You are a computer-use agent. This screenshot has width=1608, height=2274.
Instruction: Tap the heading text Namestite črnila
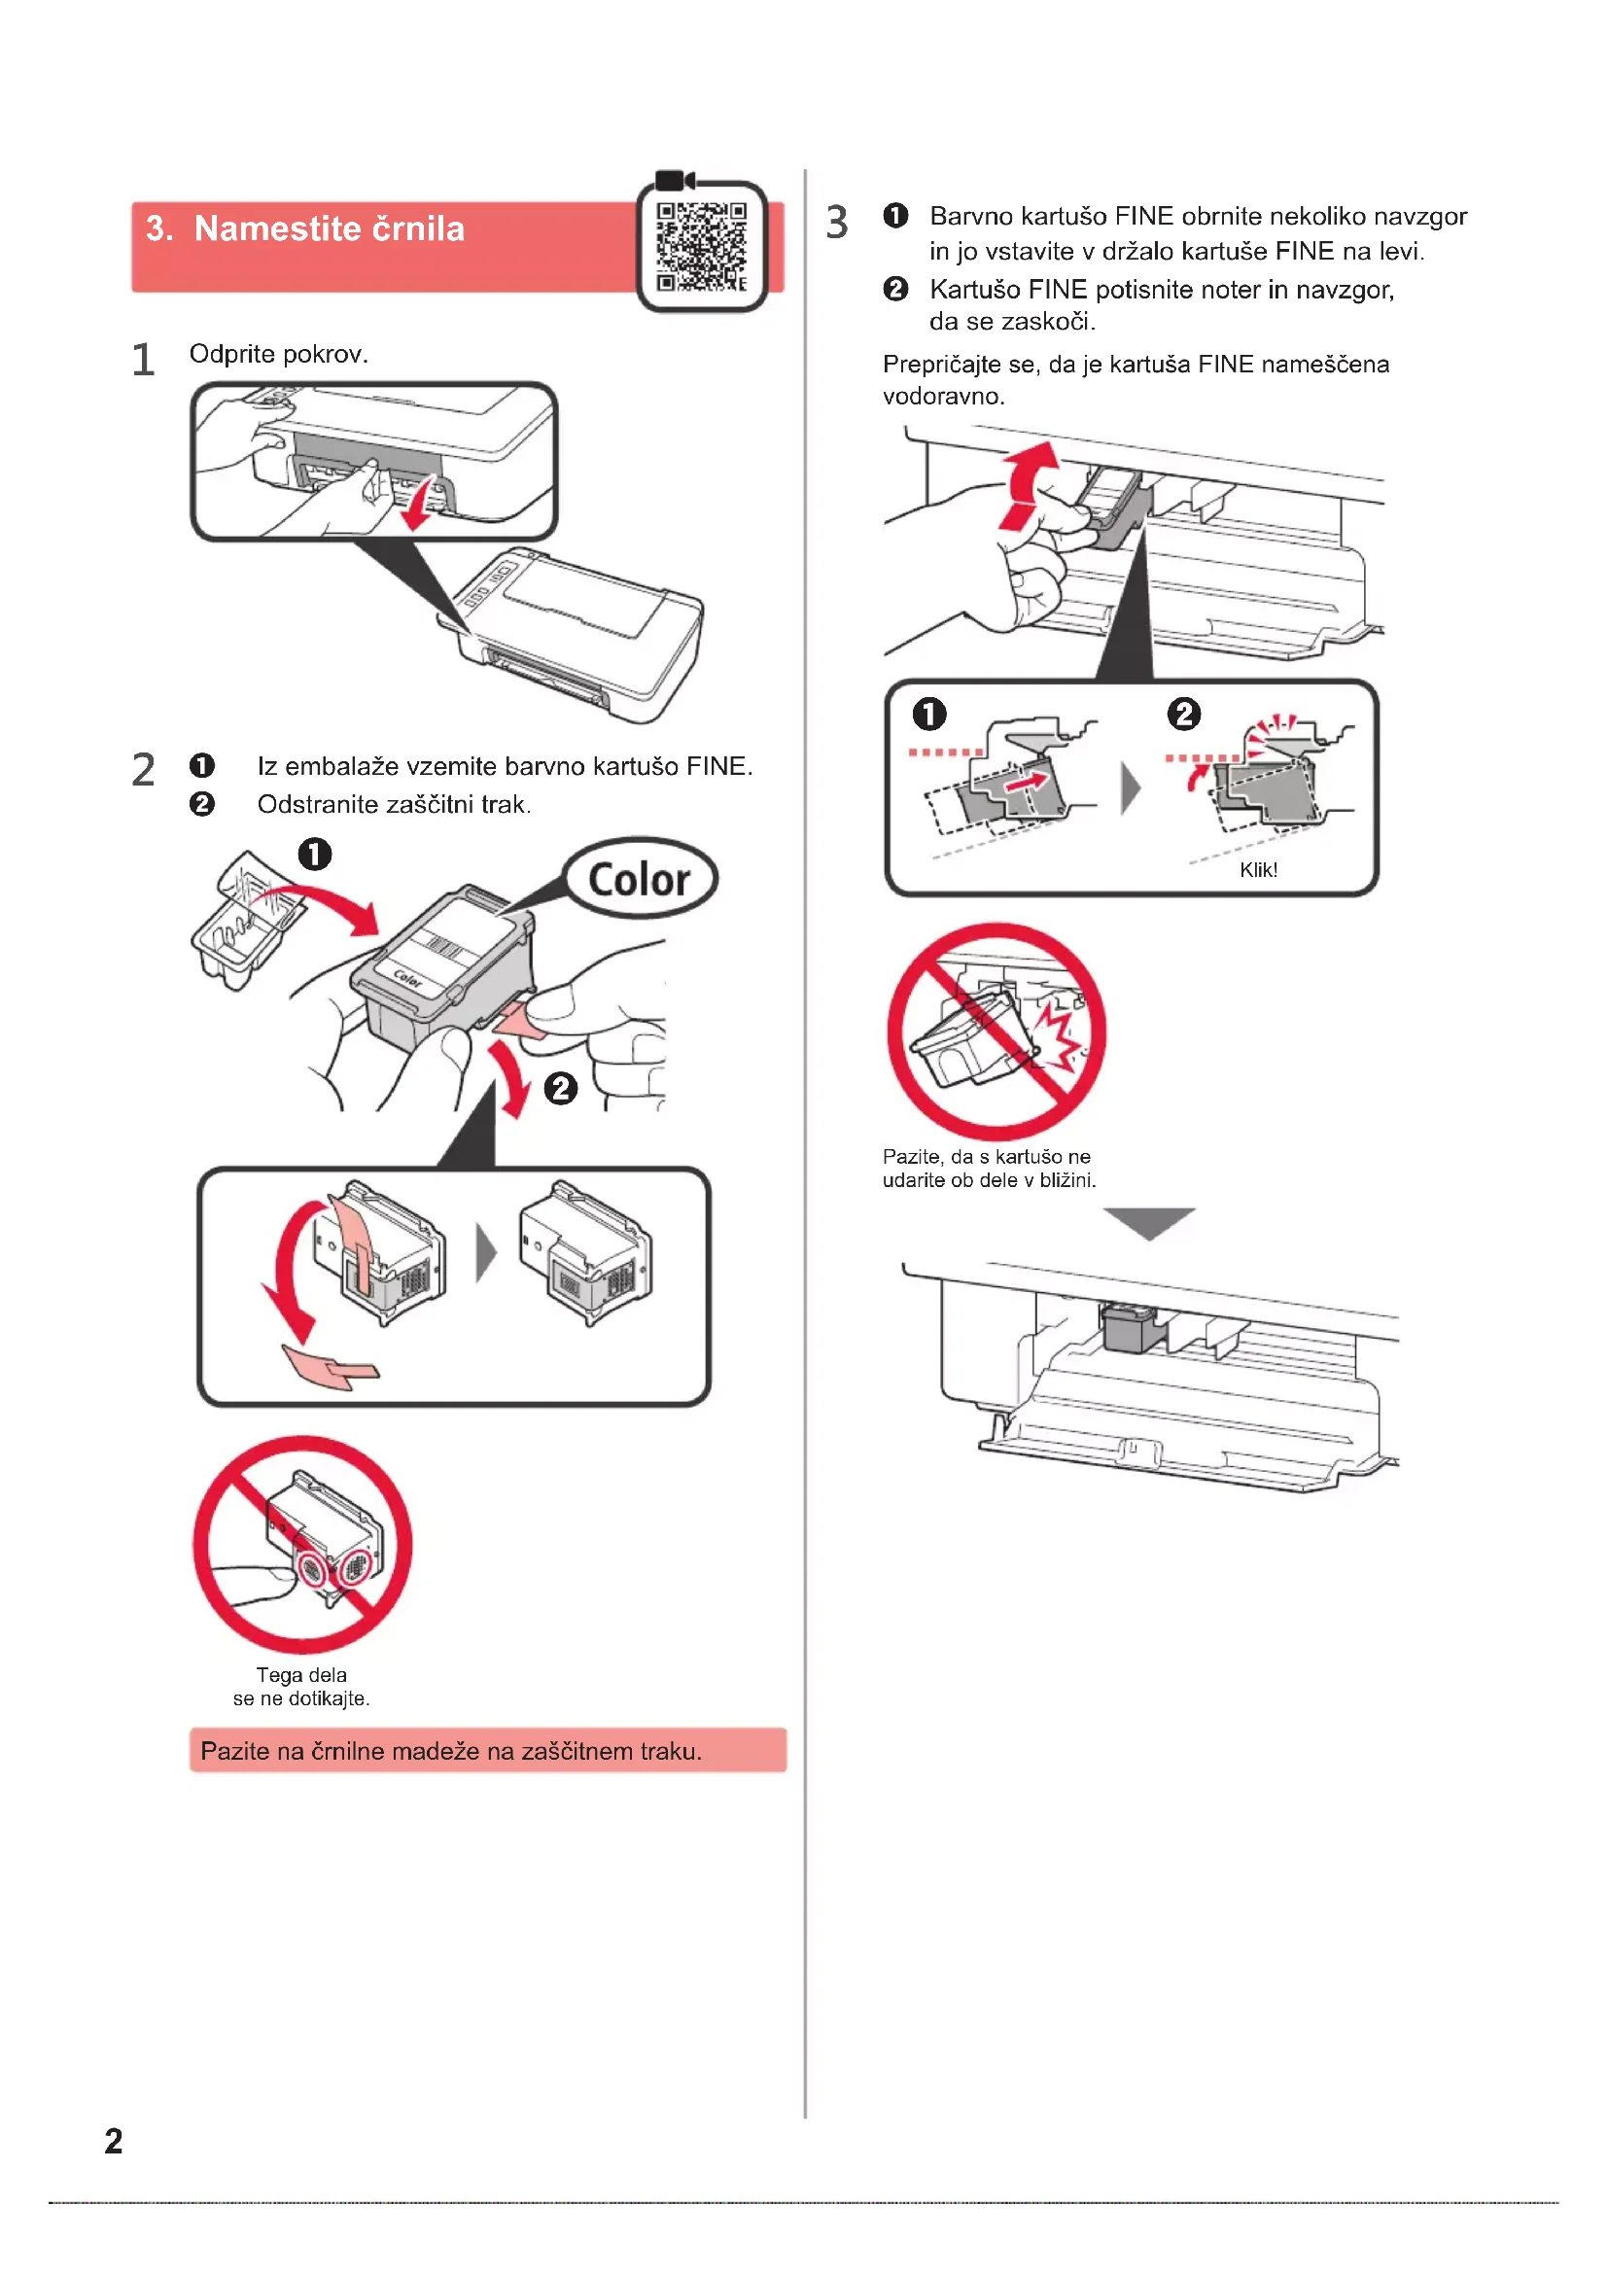[329, 228]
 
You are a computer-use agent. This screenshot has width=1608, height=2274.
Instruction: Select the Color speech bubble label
[640, 879]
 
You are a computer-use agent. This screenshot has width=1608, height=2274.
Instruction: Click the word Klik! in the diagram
[1258, 869]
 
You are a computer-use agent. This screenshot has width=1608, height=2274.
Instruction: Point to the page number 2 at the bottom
[114, 2140]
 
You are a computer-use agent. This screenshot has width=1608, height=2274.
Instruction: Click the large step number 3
[837, 222]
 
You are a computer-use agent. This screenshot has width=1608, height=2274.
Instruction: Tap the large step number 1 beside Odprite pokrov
[144, 360]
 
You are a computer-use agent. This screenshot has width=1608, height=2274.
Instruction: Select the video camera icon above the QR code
[676, 180]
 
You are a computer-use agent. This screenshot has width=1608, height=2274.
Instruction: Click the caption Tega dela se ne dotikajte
[301, 1686]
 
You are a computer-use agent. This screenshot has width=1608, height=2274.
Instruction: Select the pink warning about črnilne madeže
[487, 1750]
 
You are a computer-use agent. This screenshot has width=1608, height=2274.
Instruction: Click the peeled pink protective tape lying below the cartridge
[330, 1368]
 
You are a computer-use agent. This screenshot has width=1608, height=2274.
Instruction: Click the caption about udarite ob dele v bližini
[988, 1168]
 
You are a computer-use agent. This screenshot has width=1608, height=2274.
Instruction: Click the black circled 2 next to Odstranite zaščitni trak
[202, 803]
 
